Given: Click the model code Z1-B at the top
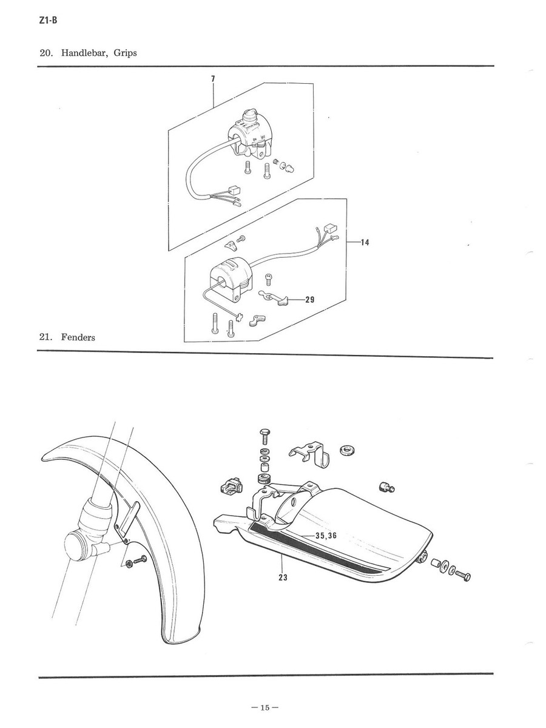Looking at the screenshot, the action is pos(48,21).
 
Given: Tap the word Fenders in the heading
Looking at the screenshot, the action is pos(78,337).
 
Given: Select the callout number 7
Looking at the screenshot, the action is pos(213,79).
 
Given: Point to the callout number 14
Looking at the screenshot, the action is pos(365,243).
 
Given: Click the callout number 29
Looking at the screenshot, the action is pos(309,300).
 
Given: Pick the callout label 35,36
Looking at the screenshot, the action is pos(326,536).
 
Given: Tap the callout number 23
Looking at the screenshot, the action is pos(283,578).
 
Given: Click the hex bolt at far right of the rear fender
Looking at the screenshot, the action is pos(463,576).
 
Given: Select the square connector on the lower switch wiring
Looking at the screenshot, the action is pos(331,229).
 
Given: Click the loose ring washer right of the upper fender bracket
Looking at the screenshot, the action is pos(347,450).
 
